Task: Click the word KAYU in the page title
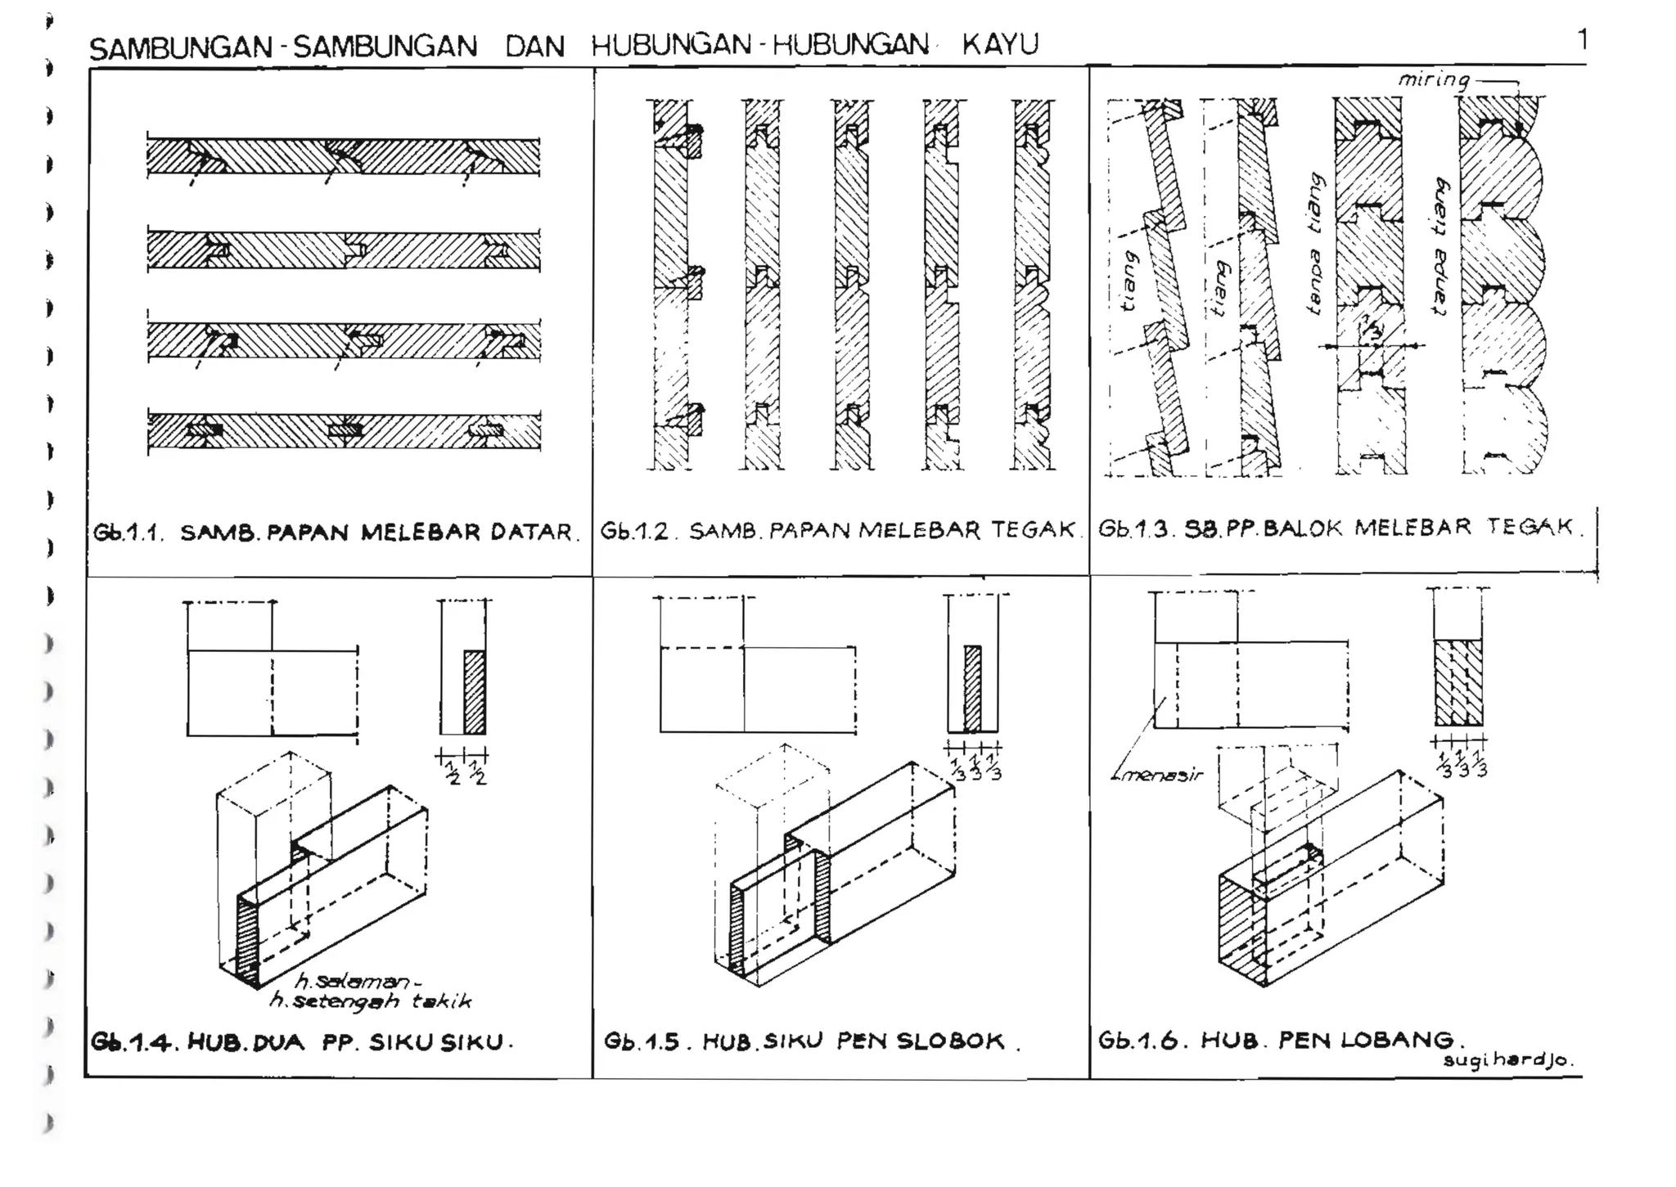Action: click(1000, 43)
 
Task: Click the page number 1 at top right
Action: click(1583, 39)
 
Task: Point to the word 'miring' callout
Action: click(1433, 79)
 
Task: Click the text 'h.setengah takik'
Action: click(370, 1001)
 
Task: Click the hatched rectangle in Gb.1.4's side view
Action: click(475, 692)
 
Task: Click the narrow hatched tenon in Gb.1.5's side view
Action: click(972, 688)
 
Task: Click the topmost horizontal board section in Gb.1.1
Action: click(344, 156)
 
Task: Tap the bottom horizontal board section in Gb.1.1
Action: click(344, 430)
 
